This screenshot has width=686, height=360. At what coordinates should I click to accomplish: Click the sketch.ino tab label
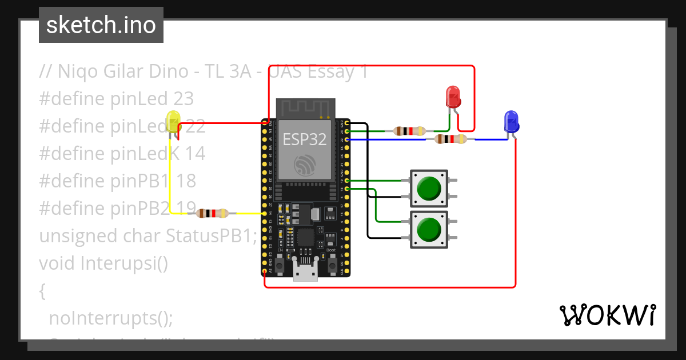click(x=101, y=25)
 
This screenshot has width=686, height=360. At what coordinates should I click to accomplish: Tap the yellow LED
click(x=173, y=122)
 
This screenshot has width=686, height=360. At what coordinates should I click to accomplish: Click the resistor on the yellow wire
click(x=212, y=214)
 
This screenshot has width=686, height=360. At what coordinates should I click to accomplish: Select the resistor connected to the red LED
click(x=409, y=131)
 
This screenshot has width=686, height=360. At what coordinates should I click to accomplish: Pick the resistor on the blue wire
click(x=450, y=139)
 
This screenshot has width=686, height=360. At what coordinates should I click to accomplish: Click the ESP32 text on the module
click(x=304, y=138)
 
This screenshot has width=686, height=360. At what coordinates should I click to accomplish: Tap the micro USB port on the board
click(x=305, y=272)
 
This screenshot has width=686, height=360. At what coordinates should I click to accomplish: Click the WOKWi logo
click(x=607, y=315)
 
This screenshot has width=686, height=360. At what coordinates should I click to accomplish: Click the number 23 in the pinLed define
click(x=183, y=99)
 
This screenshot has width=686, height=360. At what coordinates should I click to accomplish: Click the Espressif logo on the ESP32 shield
click(x=304, y=166)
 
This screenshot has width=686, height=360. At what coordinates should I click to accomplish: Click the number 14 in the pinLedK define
click(x=194, y=154)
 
